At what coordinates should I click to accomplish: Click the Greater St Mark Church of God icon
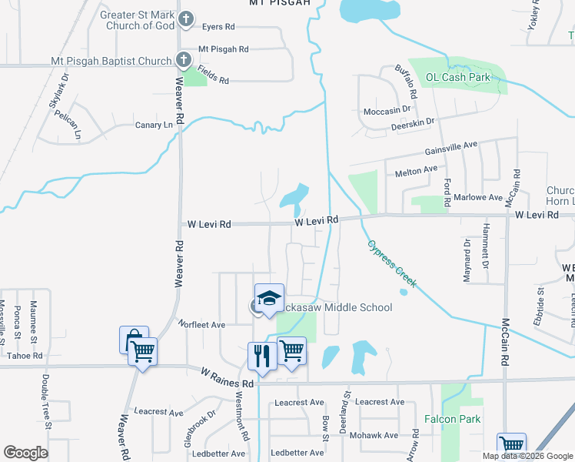coord(185,18)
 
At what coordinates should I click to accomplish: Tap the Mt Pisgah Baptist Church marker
coord(183,59)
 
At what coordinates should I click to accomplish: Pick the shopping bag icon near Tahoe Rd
coord(132,340)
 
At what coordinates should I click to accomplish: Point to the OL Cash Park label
coord(458,77)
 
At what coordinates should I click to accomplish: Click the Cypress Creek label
coord(391,263)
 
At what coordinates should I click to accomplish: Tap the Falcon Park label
coord(452,419)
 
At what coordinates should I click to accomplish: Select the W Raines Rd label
coord(227,377)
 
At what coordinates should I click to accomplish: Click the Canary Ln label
coord(154,125)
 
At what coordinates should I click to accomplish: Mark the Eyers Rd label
coord(218,27)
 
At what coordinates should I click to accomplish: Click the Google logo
coord(25,452)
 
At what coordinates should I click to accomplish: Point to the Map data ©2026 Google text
coord(527,456)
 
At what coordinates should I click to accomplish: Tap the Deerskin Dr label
coord(413,122)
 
